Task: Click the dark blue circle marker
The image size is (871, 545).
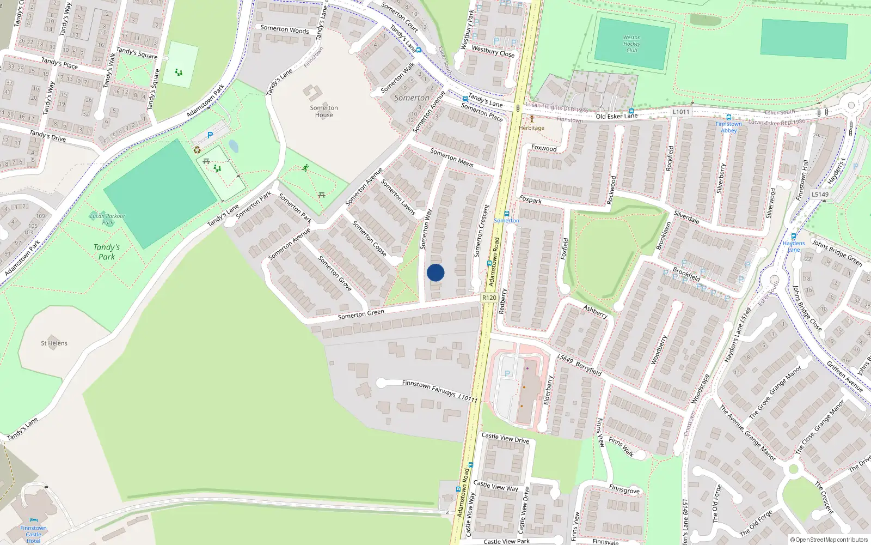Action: click(436, 272)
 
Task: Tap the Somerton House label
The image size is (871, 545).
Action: click(324, 111)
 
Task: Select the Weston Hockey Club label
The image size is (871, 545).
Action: click(631, 44)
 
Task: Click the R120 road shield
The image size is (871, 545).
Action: click(489, 298)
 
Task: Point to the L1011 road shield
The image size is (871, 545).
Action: click(680, 112)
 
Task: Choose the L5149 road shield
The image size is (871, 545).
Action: click(820, 195)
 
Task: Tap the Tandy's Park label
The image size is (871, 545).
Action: click(107, 252)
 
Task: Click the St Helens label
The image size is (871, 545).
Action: click(54, 343)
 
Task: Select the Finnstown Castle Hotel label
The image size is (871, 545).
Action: click(34, 534)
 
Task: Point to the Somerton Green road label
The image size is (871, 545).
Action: click(361, 314)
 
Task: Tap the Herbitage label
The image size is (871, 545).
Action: click(531, 128)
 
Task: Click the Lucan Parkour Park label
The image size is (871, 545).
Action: click(108, 219)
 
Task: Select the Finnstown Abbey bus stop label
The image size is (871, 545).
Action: click(729, 127)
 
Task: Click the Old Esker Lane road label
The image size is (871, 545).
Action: click(616, 116)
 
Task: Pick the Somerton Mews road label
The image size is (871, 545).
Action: click(452, 158)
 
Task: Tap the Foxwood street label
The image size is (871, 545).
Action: click(544, 148)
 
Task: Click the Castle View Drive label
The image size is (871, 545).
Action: click(505, 438)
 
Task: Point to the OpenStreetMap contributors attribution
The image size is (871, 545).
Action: click(829, 540)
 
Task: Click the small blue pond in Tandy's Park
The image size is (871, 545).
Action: click(233, 146)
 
